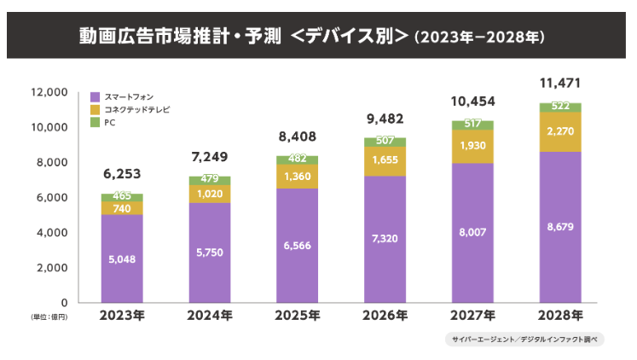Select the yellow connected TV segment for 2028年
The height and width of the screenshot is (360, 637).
(561, 132)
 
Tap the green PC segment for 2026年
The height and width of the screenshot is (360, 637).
(385, 141)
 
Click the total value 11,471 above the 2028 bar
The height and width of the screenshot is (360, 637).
(561, 84)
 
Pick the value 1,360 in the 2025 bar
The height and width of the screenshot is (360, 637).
(297, 177)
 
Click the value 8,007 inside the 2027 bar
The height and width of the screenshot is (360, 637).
(472, 231)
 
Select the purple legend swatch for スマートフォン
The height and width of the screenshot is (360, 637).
(95, 96)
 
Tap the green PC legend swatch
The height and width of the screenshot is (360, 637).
(95, 123)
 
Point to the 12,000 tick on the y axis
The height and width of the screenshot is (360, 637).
(49, 92)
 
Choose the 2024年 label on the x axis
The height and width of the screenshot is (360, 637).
(209, 316)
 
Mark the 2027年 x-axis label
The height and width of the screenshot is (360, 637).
(472, 316)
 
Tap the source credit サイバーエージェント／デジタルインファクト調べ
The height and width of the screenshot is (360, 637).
(524, 339)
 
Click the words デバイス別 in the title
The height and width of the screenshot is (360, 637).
(350, 38)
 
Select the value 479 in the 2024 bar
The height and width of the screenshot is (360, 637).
(209, 180)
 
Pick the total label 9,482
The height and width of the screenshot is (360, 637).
(385, 119)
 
